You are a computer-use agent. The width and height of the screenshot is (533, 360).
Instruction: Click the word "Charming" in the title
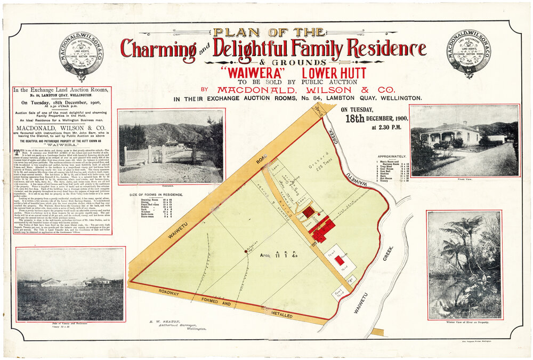[x=158, y=50]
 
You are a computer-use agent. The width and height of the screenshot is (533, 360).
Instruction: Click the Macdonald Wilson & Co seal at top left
[x=81, y=55]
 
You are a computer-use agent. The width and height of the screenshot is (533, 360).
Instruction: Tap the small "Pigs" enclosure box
[x=350, y=279]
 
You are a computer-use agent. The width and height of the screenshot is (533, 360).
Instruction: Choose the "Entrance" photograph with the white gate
[x=171, y=146]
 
